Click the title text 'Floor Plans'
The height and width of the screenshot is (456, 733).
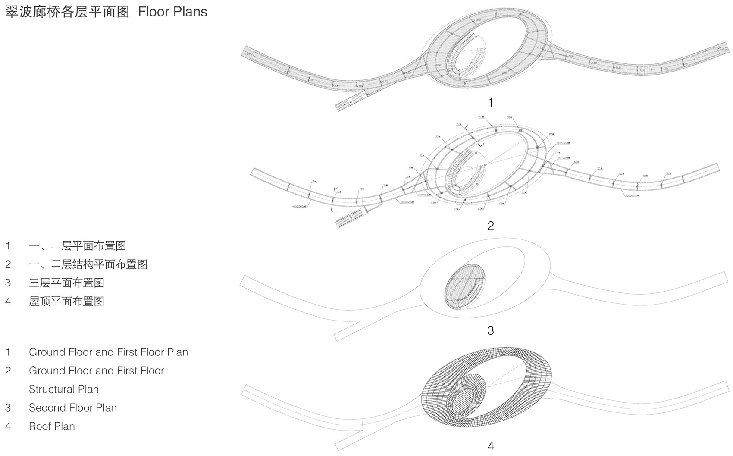coord(172,12)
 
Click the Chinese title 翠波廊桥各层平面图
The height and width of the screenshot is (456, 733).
coord(67,12)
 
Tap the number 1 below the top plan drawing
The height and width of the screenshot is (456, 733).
coord(490,103)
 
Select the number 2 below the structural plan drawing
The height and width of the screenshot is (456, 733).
coord(490,226)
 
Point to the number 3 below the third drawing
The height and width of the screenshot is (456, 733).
coord(490,330)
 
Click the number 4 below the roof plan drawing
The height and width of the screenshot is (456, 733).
coord(490,446)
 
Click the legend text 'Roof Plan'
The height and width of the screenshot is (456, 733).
coord(52,426)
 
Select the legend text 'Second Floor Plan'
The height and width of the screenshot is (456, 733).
coord(72,408)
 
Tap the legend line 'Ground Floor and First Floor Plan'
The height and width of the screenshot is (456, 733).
coord(108,352)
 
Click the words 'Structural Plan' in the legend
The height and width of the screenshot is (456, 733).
coord(64,389)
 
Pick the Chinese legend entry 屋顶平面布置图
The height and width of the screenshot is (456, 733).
coord(66,301)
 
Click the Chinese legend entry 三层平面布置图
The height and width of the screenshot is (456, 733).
coord(66,283)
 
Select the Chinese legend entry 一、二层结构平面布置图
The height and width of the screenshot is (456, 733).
coord(88,264)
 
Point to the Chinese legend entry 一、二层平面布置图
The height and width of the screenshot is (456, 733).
coord(77,246)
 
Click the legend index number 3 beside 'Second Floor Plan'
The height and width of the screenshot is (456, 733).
coord(8,408)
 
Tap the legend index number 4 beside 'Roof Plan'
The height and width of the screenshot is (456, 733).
coord(8,426)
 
